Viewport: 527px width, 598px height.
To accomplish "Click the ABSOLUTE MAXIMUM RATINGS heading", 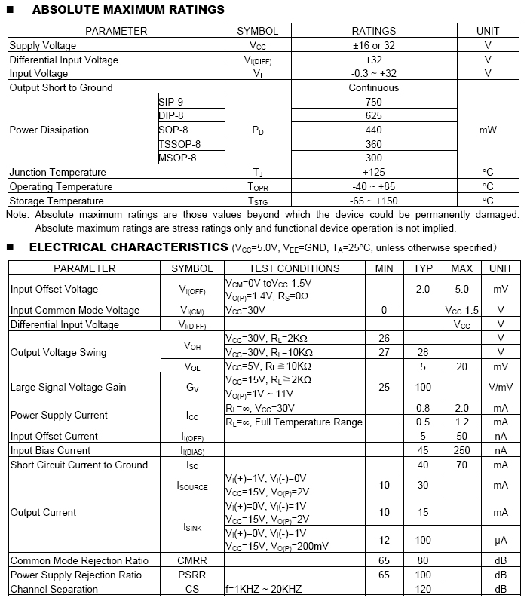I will coord(128,10).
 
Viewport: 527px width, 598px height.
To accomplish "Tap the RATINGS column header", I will coord(374,31).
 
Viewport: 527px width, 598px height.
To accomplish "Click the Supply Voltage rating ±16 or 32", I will coord(374,45).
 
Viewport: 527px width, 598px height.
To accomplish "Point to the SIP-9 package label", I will coord(171,101).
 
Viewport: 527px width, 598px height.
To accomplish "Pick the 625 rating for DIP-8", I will coord(374,115).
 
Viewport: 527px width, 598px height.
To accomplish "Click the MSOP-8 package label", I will coord(177,158).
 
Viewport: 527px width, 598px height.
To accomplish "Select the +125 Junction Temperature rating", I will coord(374,172).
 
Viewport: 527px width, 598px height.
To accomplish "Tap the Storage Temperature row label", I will coord(57,201).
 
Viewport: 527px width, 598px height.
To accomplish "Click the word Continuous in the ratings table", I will coord(374,87).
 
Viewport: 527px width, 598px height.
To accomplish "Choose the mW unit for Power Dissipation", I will coord(488,130).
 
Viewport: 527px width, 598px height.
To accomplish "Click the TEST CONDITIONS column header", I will coord(294,268).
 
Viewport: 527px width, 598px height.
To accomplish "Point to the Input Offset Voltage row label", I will coord(54,289).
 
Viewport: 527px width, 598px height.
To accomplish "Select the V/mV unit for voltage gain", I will coord(501,387).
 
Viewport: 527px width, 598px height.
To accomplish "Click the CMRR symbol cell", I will coord(191,560).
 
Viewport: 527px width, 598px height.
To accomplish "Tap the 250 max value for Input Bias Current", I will coord(461,450).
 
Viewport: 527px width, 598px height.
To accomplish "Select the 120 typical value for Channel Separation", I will coord(423,589).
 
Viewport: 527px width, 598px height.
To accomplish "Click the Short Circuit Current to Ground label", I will coord(79,465).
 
